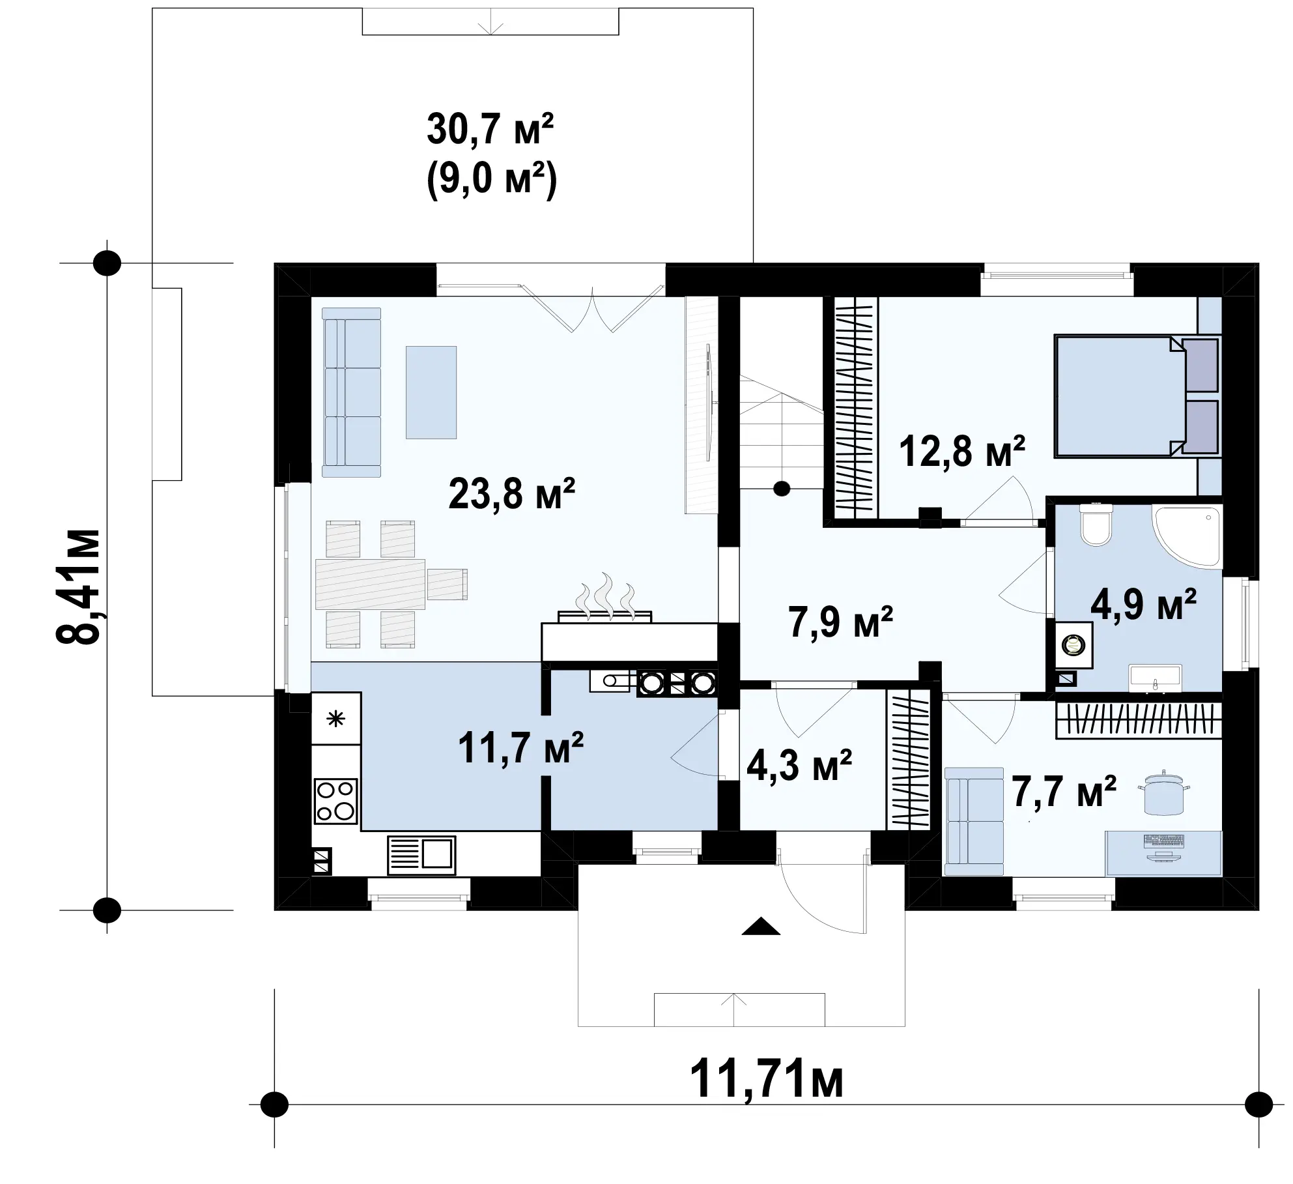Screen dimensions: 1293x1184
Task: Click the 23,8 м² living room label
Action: (512, 494)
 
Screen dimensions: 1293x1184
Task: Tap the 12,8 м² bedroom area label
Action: (962, 452)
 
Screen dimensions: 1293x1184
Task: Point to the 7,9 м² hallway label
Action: (840, 622)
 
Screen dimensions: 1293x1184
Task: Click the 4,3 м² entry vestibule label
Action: (799, 765)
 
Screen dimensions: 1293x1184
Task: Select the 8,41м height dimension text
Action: (79, 586)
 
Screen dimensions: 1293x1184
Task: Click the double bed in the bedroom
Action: (1137, 396)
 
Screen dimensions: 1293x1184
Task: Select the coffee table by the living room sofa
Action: (431, 392)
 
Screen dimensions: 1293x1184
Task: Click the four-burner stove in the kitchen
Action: (336, 801)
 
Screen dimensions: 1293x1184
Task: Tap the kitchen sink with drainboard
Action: (421, 855)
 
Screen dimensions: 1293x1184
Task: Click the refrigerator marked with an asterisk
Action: (336, 719)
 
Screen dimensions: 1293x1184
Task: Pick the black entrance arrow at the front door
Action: (761, 926)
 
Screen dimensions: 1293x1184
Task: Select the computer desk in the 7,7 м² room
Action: (1164, 853)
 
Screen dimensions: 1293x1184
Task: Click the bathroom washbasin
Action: (1155, 678)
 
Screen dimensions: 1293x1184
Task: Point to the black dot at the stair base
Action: (781, 489)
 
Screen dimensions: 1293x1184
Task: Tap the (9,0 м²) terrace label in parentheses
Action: (492, 180)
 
